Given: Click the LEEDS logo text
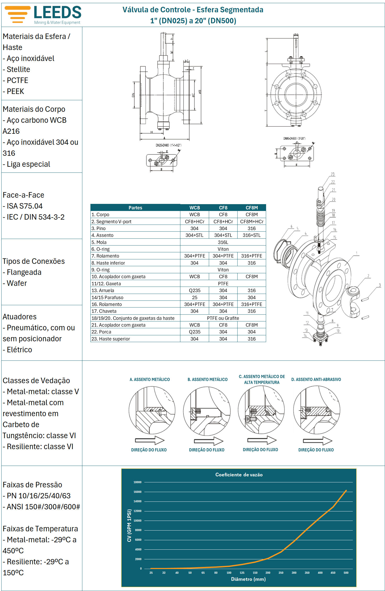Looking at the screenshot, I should (58, 12).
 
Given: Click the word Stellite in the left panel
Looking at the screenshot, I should (18, 69).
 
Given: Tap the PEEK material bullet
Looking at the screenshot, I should (15, 91).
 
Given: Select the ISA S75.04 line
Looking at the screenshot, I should (25, 206).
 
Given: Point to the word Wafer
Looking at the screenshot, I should (17, 283).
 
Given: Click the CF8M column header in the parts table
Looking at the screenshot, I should (251, 208).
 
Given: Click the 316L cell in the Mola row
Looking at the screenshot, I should (223, 242).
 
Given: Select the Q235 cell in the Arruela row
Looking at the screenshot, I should (194, 291).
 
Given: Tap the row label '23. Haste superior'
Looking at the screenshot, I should (111, 339).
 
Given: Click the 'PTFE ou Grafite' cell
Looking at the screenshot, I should (223, 318).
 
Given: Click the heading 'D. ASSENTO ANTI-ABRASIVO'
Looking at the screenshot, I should (316, 380).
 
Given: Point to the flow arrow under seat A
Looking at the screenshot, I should (150, 440).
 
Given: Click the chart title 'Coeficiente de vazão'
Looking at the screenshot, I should (239, 475).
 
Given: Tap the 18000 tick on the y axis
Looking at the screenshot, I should (137, 482).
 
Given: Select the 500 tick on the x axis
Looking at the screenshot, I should (346, 573).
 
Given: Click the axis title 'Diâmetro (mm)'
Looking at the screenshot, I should (248, 579).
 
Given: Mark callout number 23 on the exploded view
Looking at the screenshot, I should (332, 174).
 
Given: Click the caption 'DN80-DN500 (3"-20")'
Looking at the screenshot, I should (294, 138).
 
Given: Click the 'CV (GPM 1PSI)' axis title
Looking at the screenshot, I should (129, 525).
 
